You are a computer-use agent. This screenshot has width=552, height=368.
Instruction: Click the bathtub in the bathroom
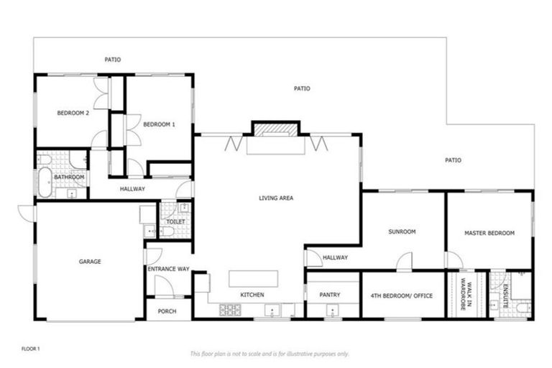[x=45, y=184]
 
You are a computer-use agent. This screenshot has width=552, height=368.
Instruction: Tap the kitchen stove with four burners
[x=230, y=310]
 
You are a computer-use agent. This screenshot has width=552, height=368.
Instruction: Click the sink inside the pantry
[x=332, y=311]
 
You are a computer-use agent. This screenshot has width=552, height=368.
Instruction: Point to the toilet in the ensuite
[x=523, y=308]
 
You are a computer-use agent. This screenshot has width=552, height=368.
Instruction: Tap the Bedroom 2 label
[x=73, y=113]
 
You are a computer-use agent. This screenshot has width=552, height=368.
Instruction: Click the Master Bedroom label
[x=489, y=233]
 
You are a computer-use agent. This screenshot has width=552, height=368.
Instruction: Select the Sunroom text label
[x=402, y=232]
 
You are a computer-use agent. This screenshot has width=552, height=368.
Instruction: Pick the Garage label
[x=89, y=262]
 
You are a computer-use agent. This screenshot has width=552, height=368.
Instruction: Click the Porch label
[x=167, y=311]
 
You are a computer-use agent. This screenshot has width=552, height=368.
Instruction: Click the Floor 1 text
[x=29, y=349]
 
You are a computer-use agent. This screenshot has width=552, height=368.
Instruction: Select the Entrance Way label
[x=167, y=269]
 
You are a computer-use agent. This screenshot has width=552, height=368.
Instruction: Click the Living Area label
[x=276, y=198]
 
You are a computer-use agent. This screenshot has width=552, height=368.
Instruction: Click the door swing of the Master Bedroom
[x=454, y=260]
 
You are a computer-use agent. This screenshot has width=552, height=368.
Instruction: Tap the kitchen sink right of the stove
[x=273, y=310]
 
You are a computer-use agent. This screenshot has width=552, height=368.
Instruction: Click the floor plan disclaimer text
[x=270, y=354]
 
